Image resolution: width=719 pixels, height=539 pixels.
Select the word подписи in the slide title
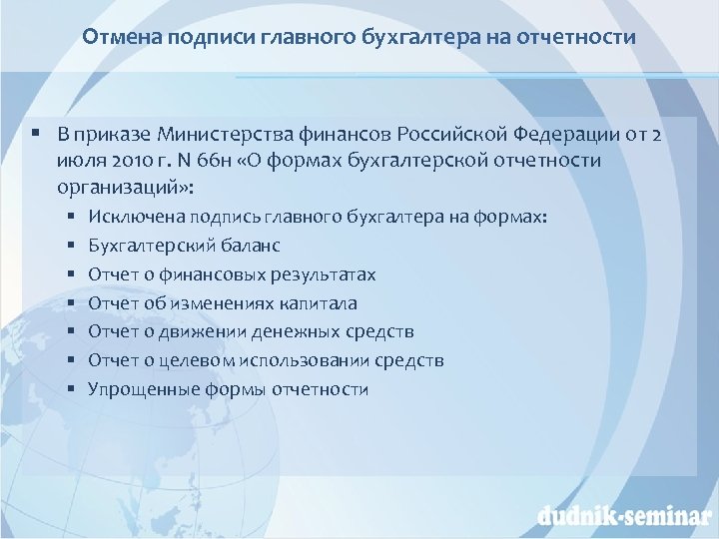tap(202, 38)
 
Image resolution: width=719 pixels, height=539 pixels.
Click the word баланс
tap(253, 245)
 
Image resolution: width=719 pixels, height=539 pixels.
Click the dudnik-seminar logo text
tap(619, 516)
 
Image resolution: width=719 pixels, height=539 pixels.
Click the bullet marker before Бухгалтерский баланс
tap(73, 245)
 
